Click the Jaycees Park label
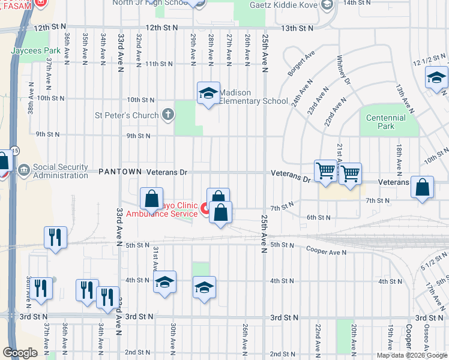(x=35, y=51)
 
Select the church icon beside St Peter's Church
(x=168, y=114)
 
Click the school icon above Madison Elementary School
(x=208, y=94)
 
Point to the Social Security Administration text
(x=61, y=171)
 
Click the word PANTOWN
(x=121, y=172)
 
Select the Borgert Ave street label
(x=301, y=63)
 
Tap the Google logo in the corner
(x=20, y=353)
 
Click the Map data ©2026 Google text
(x=411, y=355)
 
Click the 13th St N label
(x=297, y=28)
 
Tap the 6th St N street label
(x=319, y=217)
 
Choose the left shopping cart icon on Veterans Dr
(x=325, y=170)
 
